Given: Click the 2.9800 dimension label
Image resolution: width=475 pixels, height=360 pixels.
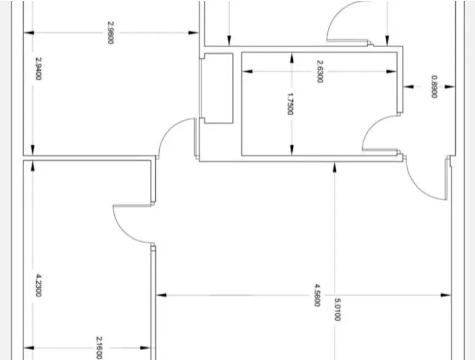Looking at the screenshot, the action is click(111, 32).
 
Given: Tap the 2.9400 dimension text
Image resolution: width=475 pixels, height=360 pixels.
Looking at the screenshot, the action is click(38, 69).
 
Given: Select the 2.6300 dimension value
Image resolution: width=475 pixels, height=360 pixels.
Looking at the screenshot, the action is click(319, 71).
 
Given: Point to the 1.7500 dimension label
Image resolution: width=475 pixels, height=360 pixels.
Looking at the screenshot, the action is click(290, 104).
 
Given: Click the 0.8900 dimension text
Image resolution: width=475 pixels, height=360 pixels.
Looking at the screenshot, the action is click(434, 87).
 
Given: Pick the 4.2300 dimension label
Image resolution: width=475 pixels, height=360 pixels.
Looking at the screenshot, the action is click(38, 285).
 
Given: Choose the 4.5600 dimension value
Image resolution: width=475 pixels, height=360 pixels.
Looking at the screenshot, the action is click(317, 295).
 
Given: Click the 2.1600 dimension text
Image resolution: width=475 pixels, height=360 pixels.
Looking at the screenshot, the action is click(99, 348).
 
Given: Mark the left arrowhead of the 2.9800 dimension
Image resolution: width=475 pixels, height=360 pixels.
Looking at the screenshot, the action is click(29, 33).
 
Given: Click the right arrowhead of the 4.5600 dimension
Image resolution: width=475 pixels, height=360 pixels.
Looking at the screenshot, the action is click(446, 295).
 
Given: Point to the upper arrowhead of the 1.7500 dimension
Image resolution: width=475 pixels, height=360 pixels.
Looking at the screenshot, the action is click(292, 57).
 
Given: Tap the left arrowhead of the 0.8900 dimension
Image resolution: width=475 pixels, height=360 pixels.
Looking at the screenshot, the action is click(408, 87).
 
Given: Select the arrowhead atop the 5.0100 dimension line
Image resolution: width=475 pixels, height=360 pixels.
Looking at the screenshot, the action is click(335, 168).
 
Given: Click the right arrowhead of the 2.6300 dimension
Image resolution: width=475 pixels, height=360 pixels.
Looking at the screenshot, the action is click(392, 72).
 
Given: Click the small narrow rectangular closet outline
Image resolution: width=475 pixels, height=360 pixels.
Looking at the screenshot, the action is click(218, 88).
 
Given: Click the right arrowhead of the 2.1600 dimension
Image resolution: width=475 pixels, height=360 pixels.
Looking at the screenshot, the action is click(145, 348).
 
